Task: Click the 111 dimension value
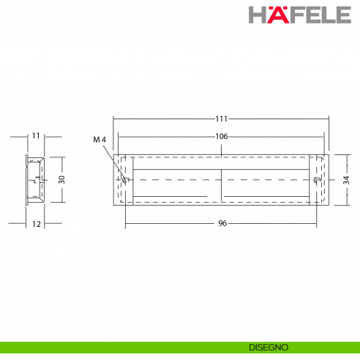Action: point(222,119)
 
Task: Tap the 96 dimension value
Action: point(222,223)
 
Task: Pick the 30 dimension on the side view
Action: point(62,179)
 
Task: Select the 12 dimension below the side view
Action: point(36,224)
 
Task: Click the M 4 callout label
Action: point(100,139)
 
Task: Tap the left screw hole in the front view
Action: point(126,179)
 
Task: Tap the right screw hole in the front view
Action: point(316,179)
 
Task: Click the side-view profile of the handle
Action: point(35,179)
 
